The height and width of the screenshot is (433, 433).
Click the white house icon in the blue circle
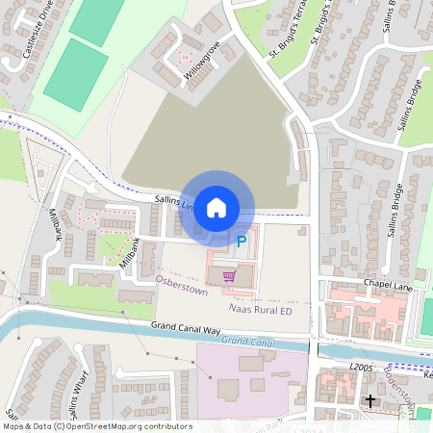click(x=216, y=207)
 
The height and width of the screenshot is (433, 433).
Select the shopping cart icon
click(x=229, y=275)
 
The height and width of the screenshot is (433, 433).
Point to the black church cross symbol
click(x=369, y=399)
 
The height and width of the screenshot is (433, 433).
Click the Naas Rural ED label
click(x=260, y=311)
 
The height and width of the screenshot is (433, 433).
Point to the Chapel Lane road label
click(x=387, y=284)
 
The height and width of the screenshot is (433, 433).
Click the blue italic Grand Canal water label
click(x=248, y=342)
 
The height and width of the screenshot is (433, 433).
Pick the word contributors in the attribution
click(x=165, y=426)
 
